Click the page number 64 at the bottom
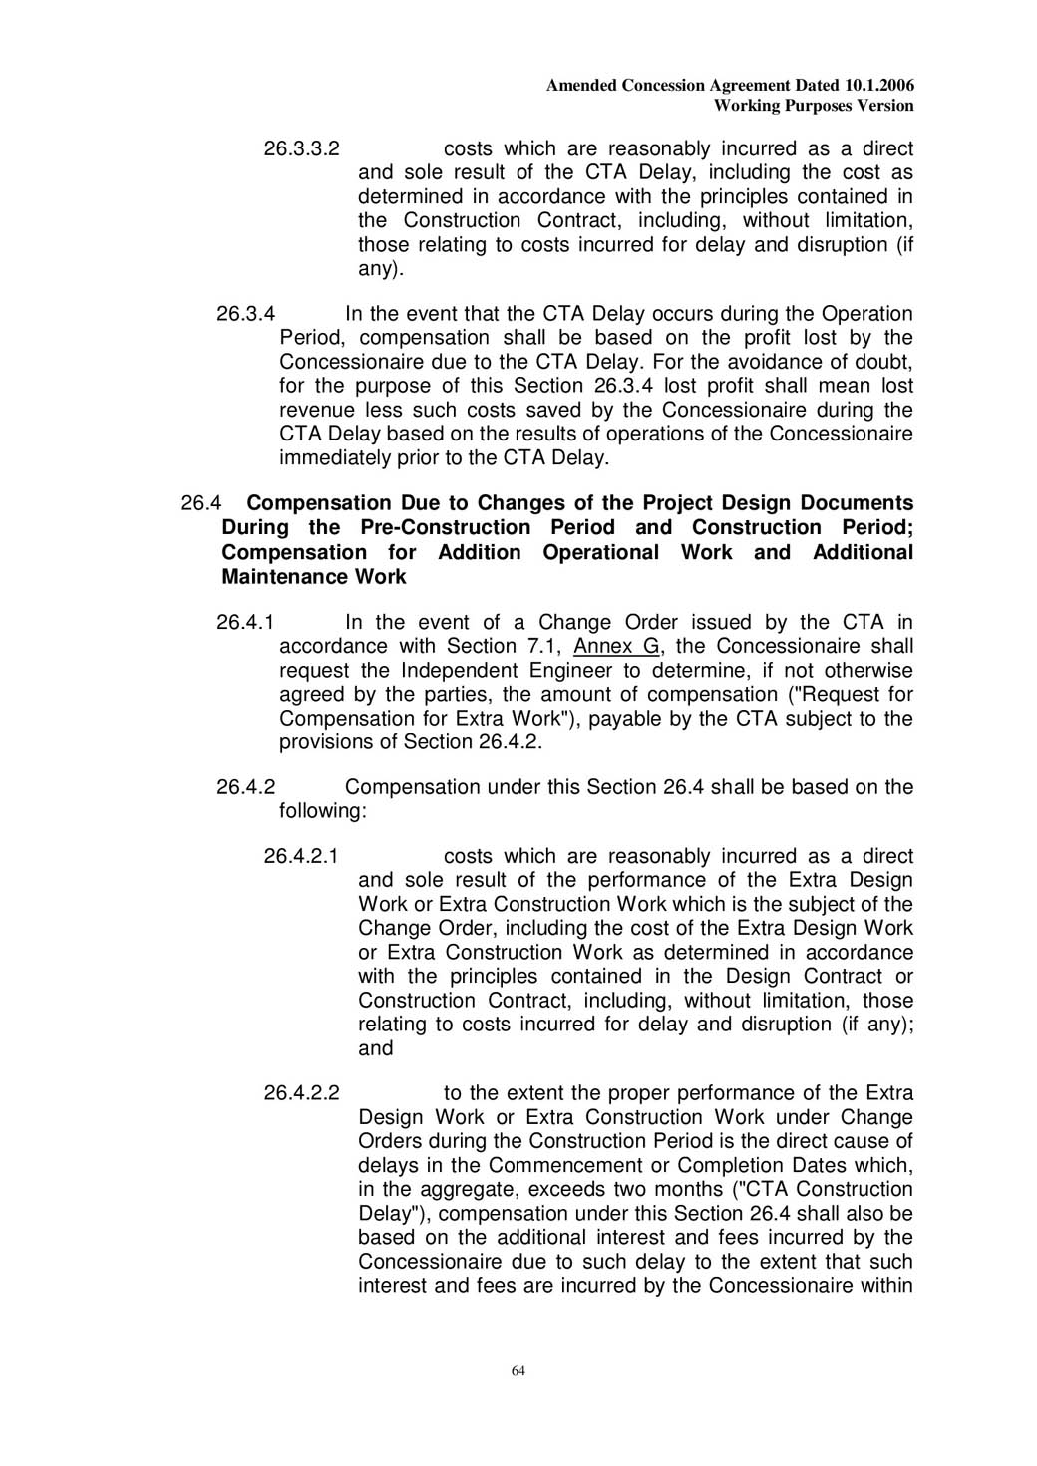click(518, 1371)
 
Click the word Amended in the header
click(581, 86)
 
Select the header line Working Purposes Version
click(814, 106)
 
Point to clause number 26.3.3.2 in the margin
click(301, 149)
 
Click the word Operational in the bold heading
click(600, 552)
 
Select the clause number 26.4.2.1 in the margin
click(301, 857)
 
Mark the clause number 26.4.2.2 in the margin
click(301, 1093)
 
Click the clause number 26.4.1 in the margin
click(245, 623)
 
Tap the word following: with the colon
click(323, 811)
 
